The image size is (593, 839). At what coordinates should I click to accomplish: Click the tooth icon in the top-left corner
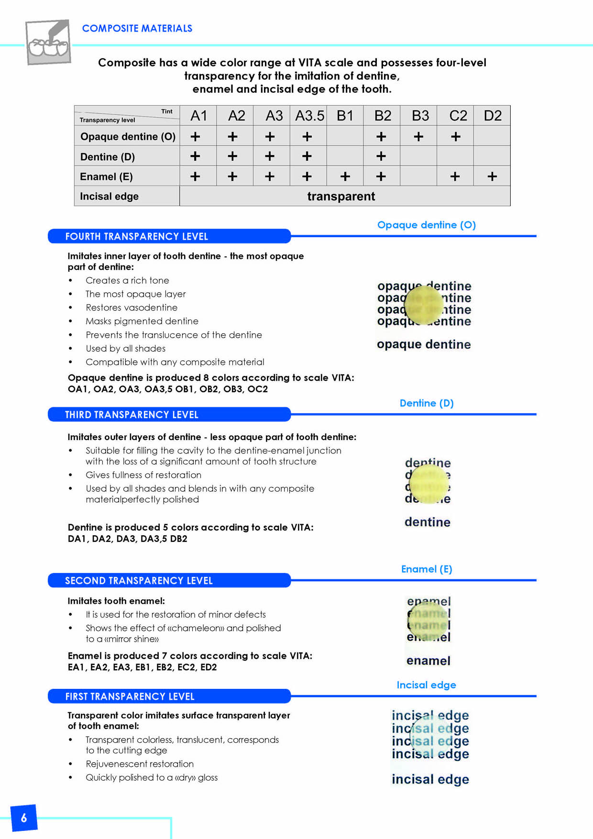tap(48, 42)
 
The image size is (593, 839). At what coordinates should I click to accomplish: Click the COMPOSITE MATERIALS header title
tap(137, 28)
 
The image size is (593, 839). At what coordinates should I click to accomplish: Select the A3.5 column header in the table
tap(309, 116)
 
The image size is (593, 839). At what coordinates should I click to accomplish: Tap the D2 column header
tap(492, 116)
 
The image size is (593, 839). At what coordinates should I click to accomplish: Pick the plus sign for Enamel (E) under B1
tap(345, 177)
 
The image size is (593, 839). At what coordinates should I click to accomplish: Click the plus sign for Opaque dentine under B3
tap(418, 137)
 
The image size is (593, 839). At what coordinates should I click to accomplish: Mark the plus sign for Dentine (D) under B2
tap(381, 156)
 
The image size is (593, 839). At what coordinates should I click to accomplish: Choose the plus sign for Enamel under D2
tap(492, 177)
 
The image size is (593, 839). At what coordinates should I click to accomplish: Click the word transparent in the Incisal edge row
tap(341, 196)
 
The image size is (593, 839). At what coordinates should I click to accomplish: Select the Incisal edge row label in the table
tap(109, 196)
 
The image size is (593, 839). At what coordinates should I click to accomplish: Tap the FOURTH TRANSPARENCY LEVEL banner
tap(169, 236)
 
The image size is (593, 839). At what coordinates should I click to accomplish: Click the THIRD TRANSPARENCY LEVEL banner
tap(169, 415)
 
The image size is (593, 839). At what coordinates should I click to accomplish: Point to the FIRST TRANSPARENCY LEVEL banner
tap(169, 696)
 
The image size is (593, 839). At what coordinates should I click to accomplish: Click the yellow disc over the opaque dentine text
tap(424, 304)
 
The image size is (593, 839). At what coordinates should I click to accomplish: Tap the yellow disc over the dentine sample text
tap(429, 485)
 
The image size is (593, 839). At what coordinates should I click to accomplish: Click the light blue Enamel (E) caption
tap(426, 569)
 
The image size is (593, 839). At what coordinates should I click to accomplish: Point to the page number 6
tap(24, 818)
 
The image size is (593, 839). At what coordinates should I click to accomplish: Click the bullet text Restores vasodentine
tap(132, 308)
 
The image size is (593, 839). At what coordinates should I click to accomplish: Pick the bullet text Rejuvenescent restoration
tap(140, 764)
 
